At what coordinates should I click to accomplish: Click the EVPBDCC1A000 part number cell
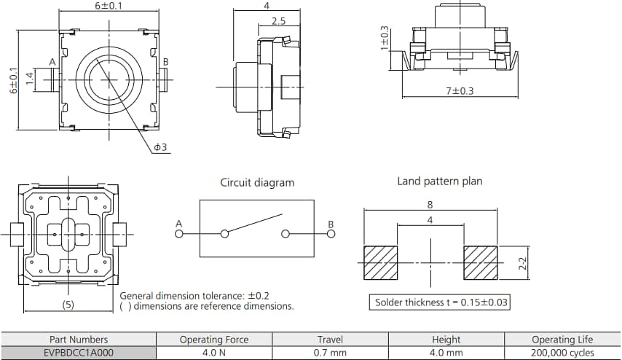[x=79, y=352]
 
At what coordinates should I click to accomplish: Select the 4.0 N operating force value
[x=213, y=352]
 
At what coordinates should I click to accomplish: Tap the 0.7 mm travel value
[x=330, y=352]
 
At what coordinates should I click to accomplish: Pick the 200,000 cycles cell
[x=562, y=352]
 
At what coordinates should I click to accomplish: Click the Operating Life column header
[x=562, y=339]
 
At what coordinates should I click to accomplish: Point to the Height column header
[x=446, y=339]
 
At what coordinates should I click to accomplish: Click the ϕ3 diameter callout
[x=160, y=147]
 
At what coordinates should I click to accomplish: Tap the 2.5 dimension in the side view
[x=278, y=21]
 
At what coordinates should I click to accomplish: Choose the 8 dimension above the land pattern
[x=430, y=206]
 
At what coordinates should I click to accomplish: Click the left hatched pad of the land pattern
[x=379, y=262]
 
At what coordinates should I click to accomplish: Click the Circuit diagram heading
[x=257, y=182]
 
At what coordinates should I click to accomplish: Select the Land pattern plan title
[x=439, y=181]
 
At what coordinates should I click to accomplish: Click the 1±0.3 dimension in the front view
[x=385, y=37]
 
